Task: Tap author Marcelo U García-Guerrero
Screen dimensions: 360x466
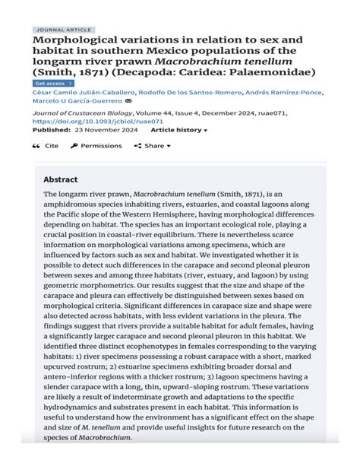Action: pos(77,101)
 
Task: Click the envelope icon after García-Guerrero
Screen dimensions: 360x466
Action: pos(128,101)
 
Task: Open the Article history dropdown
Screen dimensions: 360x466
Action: pos(178,130)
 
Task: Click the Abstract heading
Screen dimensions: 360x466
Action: pos(60,180)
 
